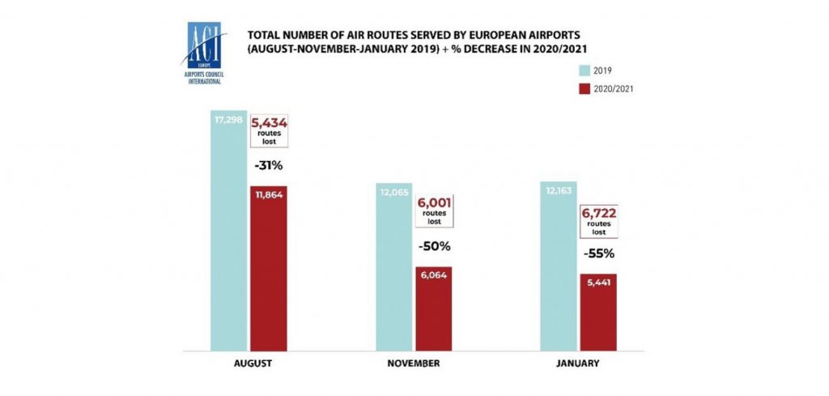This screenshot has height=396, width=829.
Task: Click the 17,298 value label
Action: (x=228, y=121)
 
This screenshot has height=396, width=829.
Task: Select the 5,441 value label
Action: (x=599, y=283)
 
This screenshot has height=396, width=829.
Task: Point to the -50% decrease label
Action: (x=434, y=245)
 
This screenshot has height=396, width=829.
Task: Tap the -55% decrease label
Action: (x=599, y=253)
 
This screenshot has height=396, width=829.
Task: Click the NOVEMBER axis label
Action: (x=414, y=364)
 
